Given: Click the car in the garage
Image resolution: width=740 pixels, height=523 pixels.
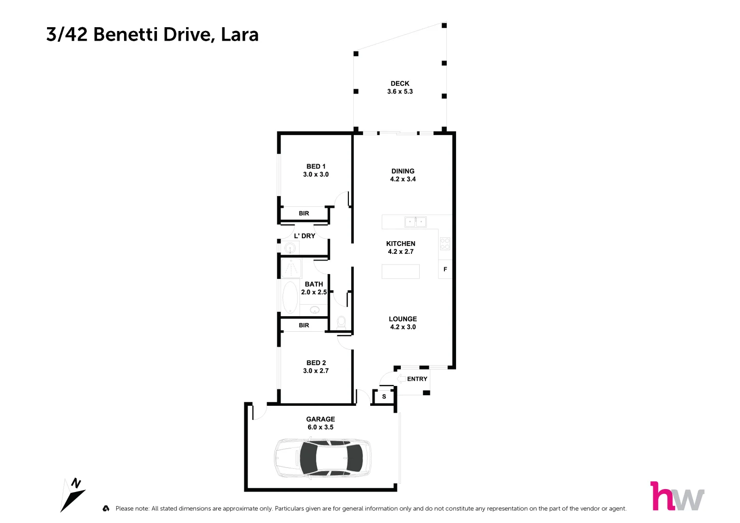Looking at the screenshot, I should (323, 458).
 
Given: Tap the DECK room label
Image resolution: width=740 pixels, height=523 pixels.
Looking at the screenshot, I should (400, 83).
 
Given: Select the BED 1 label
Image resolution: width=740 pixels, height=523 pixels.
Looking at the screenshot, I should (316, 166).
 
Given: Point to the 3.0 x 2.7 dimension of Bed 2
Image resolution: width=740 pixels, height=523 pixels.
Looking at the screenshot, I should (316, 371).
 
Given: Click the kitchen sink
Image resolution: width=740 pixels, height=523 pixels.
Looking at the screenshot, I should (415, 222).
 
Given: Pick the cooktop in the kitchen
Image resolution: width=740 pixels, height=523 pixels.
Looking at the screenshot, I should (445, 244).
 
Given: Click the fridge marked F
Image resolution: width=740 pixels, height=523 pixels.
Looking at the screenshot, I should (445, 269).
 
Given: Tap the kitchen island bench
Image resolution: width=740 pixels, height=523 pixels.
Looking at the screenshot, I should (400, 271).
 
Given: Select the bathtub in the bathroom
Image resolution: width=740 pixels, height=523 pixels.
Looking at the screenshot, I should (290, 298).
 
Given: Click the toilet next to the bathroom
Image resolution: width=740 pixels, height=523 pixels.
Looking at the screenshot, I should (341, 322).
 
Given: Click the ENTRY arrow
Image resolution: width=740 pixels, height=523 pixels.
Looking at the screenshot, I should (401, 379).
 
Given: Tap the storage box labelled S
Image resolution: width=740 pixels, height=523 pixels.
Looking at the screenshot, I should (384, 397).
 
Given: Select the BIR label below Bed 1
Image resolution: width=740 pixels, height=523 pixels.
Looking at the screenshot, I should (304, 213).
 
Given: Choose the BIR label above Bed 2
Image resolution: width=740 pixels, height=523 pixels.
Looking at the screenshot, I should (304, 325).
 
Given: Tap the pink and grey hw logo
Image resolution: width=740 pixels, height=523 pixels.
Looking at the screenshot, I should (677, 496).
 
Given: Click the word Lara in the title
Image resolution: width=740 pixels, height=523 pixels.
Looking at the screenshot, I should (239, 35).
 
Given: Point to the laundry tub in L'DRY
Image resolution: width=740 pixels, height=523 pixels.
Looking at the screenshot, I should (290, 248).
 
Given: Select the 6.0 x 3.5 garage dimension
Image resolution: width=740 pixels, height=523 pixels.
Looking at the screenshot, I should (320, 427).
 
